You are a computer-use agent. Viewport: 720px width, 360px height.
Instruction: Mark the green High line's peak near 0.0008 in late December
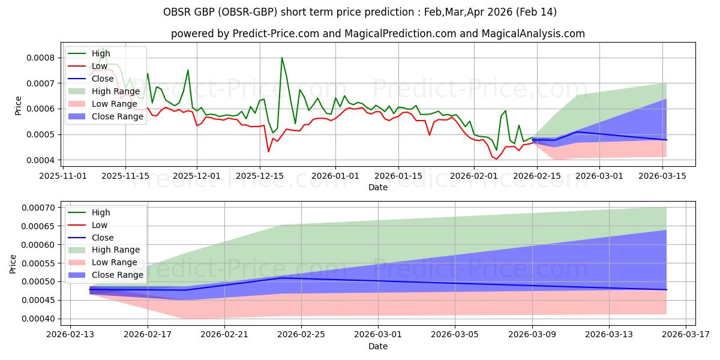[x=282, y=58]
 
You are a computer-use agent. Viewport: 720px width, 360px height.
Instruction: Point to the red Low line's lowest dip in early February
[x=496, y=159]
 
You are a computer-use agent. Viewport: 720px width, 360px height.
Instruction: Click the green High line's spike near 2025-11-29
[x=188, y=70]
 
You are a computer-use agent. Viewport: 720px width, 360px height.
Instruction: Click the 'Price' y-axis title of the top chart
[x=18, y=106]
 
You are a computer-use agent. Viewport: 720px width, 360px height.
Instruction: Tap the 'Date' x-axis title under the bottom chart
[x=378, y=346]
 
